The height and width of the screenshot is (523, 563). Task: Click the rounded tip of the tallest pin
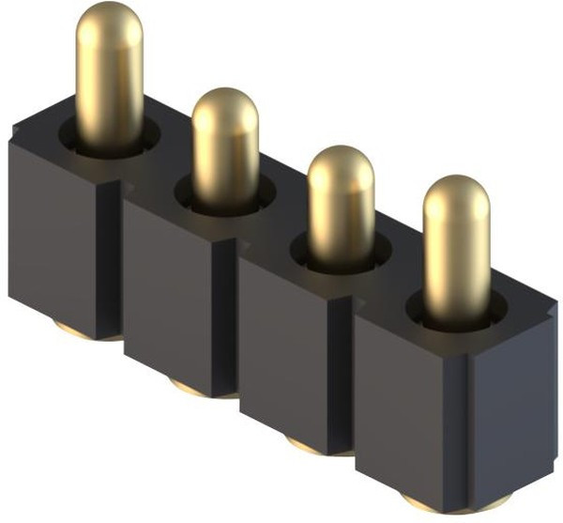pos(109,21)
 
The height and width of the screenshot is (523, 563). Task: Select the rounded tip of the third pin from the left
pos(341,163)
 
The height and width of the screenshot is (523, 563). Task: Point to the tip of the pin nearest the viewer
pos(455,193)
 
